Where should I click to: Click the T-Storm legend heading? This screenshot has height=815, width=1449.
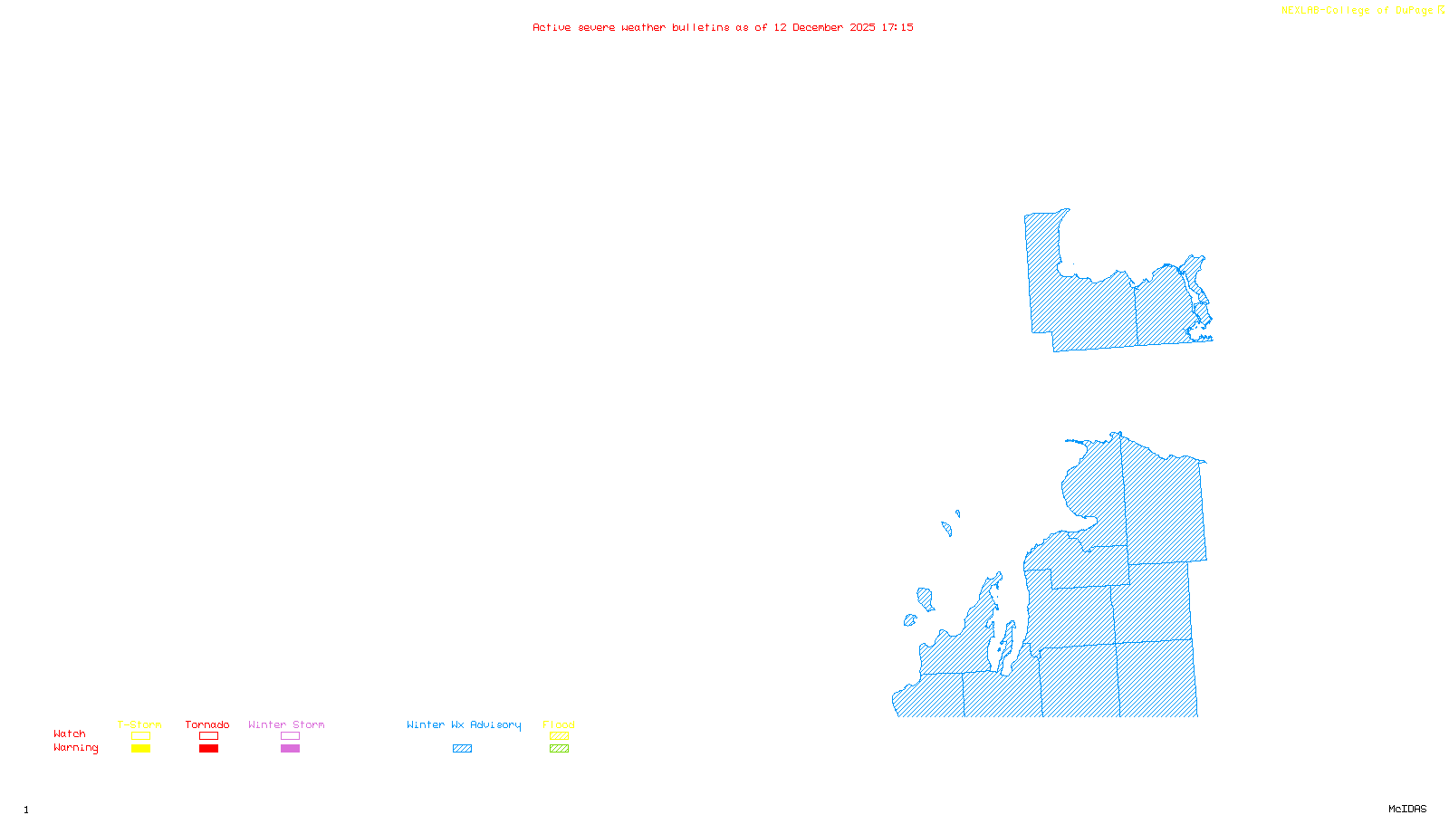[x=139, y=724]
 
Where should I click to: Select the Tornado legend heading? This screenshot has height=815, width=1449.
[x=207, y=724]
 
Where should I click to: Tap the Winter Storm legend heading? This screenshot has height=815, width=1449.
[x=286, y=724]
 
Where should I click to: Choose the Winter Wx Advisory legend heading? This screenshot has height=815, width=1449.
[x=464, y=724]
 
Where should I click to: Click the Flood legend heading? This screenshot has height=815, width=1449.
[x=559, y=724]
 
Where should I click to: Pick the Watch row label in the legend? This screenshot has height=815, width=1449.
[x=70, y=733]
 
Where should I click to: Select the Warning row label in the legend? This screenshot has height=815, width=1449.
[x=76, y=748]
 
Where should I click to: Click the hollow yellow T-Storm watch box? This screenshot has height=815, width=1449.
[x=140, y=736]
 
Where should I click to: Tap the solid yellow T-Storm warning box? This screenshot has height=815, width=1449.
[x=140, y=749]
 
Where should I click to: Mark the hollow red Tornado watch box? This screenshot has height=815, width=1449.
[x=208, y=736]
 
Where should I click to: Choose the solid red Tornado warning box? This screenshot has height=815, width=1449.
[x=208, y=749]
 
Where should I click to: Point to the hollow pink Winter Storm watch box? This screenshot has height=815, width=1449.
[x=290, y=736]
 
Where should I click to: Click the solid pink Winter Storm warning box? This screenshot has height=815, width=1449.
[x=290, y=749]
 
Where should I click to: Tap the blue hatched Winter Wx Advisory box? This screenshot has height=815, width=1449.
[x=462, y=749]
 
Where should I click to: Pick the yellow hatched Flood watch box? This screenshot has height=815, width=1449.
[x=559, y=736]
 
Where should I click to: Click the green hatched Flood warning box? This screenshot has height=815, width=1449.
[x=559, y=749]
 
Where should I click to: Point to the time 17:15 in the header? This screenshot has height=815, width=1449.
[x=897, y=27]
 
